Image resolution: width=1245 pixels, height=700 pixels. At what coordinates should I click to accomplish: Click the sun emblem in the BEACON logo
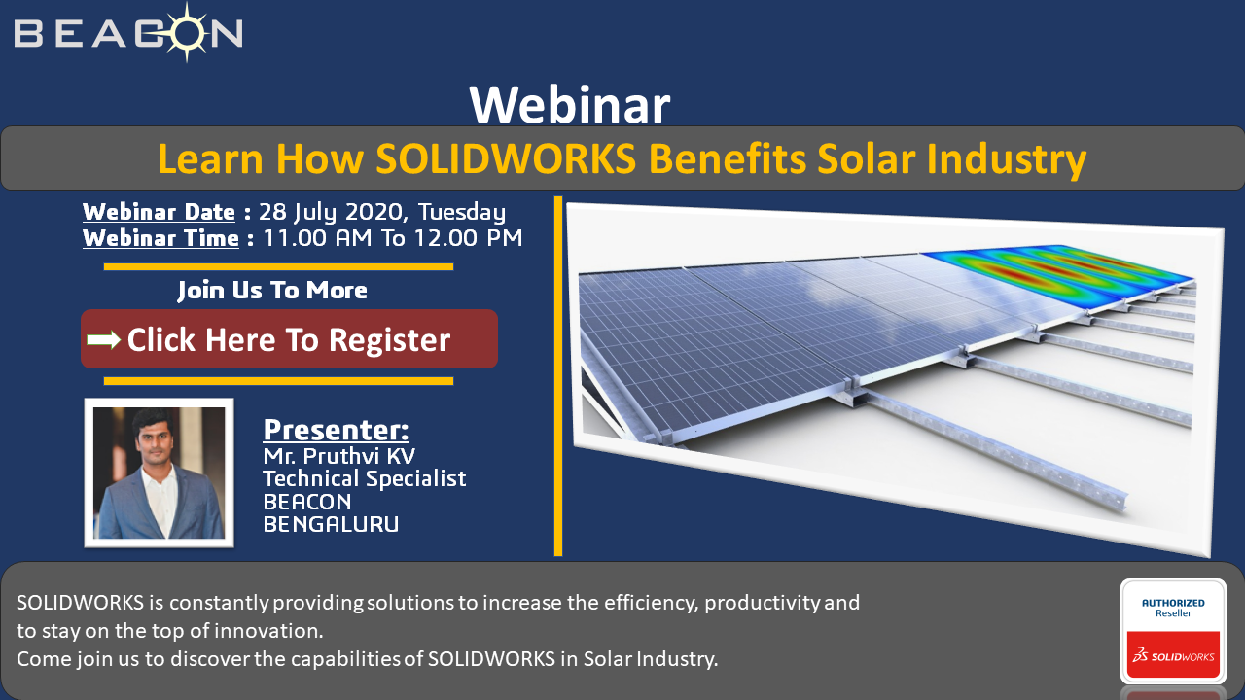188,32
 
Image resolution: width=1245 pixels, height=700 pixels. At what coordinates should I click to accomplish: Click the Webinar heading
570,106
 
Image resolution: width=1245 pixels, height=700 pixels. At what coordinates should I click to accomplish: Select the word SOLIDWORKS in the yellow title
506,158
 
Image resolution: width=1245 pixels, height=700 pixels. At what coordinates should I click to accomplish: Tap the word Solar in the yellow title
866,158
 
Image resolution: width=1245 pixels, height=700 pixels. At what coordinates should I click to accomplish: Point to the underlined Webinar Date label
159,212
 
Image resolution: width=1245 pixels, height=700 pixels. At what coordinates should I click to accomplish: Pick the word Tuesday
462,213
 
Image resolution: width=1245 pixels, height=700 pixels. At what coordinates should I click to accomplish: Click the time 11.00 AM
317,238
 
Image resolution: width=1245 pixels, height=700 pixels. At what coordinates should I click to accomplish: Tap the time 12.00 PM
468,238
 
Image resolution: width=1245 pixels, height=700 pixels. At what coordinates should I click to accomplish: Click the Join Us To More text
272,290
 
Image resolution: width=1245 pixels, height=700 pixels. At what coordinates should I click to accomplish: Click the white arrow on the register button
104,339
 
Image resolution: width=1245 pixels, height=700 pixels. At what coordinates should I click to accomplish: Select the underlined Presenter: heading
336,429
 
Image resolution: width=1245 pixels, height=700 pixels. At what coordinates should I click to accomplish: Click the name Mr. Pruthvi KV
339,456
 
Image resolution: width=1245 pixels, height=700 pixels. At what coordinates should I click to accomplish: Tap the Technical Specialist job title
365,478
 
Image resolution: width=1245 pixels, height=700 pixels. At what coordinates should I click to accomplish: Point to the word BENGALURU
331,524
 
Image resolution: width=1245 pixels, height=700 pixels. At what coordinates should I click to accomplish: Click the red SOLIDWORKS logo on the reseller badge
1173,655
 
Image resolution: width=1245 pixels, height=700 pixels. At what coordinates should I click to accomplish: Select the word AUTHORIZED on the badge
1173,603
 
